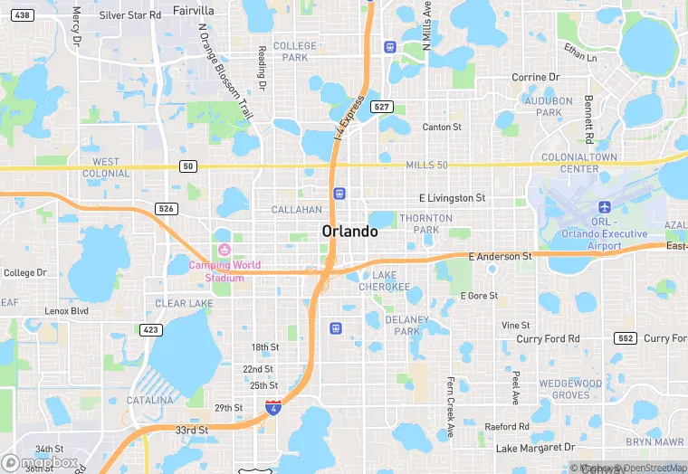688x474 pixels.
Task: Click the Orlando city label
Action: coord(349,232)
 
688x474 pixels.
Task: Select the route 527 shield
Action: coord(383,107)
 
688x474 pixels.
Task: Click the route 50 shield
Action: coord(187,166)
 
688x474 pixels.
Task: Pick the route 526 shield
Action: coord(166,208)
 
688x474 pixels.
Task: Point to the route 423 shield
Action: coord(150,329)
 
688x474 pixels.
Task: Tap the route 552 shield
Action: coord(624,337)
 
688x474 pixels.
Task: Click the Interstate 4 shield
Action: coord(272,408)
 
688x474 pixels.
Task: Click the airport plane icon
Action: coord(604,206)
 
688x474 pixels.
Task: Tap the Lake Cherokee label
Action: coord(385,280)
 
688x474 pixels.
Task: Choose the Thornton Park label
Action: coord(425,223)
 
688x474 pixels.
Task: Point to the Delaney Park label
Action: coord(407,325)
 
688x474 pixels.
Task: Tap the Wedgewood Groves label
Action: coord(570,389)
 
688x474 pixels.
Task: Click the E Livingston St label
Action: coord(452,197)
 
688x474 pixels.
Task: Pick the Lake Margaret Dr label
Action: coord(535,448)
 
